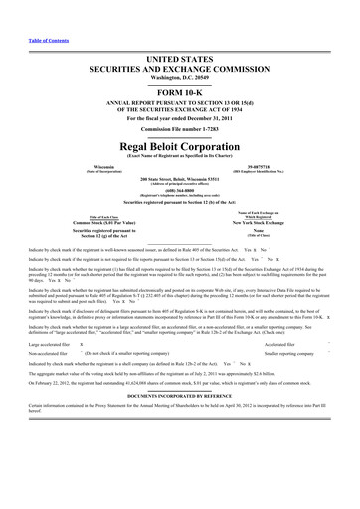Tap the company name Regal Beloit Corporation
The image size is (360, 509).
pos(180,141)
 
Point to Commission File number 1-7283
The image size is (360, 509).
pos(180,128)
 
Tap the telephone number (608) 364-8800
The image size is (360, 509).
pos(180,195)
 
